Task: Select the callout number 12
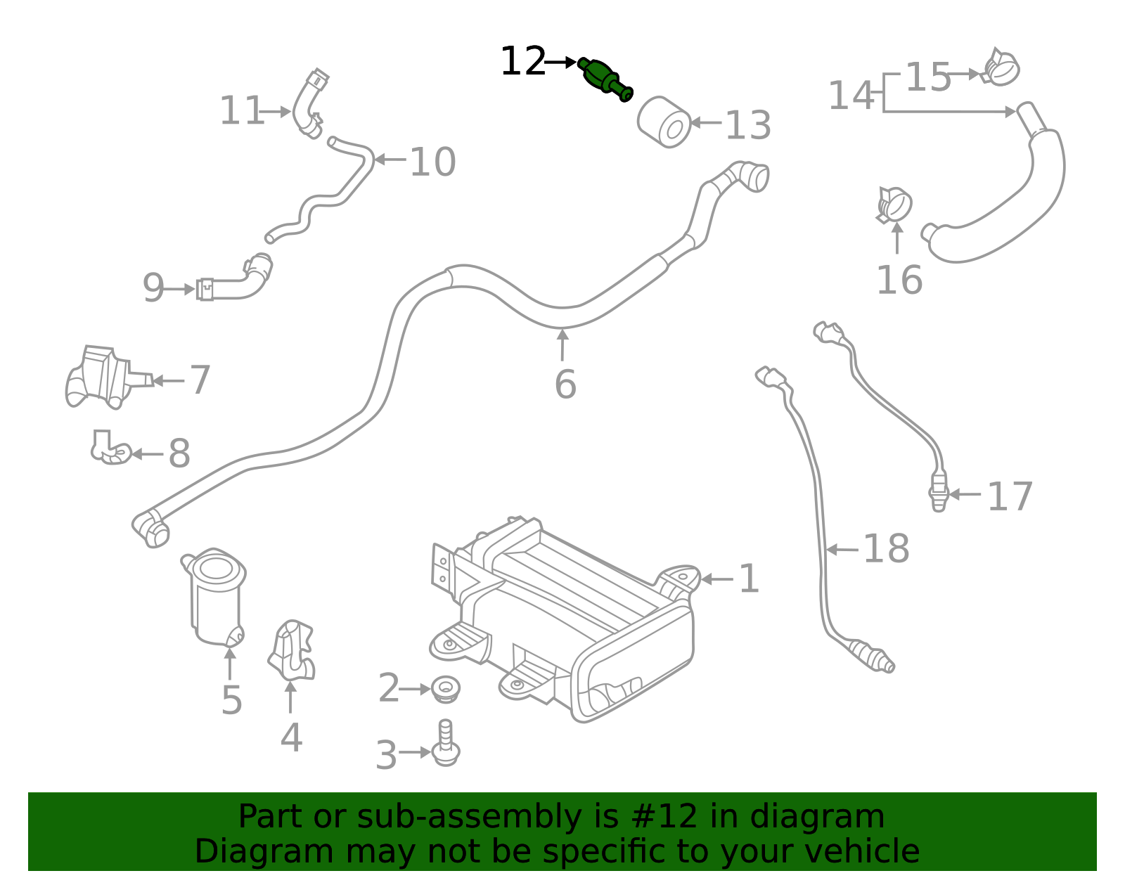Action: (x=522, y=62)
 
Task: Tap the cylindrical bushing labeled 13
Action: (x=664, y=122)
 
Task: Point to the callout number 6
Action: (x=565, y=385)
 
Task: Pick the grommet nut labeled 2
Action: (x=445, y=688)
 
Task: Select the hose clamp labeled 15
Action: (x=1001, y=67)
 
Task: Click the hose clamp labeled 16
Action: (x=894, y=205)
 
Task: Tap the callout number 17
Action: (x=1010, y=497)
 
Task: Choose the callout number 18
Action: (x=885, y=549)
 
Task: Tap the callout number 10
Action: (x=432, y=162)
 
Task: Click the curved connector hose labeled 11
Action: (x=308, y=105)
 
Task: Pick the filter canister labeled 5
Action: (x=215, y=598)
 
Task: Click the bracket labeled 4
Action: (x=292, y=650)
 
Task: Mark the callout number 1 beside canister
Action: (x=749, y=579)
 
